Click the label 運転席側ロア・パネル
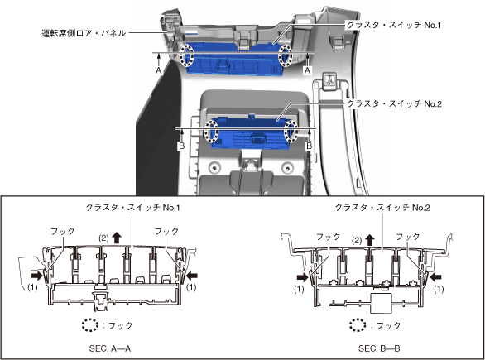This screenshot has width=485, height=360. point(84,33)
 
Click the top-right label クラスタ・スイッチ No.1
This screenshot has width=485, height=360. point(394,25)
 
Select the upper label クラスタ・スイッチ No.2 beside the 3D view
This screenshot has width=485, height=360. point(394,103)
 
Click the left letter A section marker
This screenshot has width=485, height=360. point(158,70)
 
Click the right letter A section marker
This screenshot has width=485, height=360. point(307,70)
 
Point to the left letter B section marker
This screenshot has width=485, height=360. point(182,146)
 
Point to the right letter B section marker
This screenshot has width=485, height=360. point(309,146)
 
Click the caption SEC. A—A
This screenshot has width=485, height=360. point(110,348)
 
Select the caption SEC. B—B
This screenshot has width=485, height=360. point(379,348)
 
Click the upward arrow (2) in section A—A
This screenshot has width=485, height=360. point(117,238)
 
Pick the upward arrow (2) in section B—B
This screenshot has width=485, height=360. point(369,240)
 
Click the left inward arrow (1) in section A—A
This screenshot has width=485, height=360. point(37,275)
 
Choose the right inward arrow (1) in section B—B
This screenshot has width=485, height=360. point(436,276)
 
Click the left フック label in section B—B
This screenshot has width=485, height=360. point(329,237)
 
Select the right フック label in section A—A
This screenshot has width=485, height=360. point(166,232)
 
